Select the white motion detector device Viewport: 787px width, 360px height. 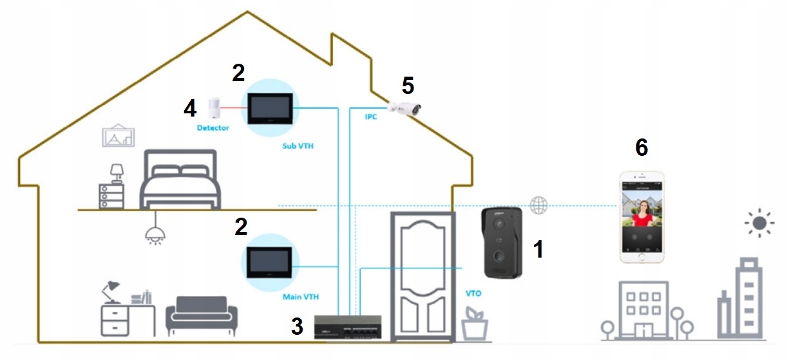click(214, 108)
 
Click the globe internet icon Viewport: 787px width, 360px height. click(538, 205)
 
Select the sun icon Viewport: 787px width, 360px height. click(759, 223)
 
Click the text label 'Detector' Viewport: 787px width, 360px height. click(213, 128)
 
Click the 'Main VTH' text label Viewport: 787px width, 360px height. click(301, 298)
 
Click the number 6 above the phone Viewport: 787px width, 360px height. click(641, 147)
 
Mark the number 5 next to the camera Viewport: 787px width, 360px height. click(408, 84)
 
